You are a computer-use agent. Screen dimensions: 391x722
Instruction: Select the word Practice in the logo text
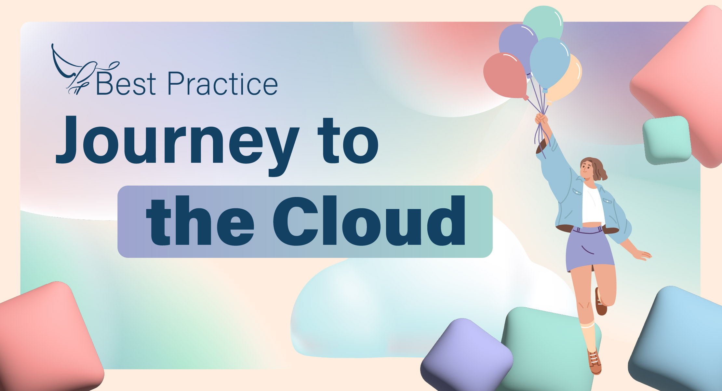pyautogui.click(x=222, y=84)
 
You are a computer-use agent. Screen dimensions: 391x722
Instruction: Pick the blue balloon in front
pyautogui.click(x=550, y=62)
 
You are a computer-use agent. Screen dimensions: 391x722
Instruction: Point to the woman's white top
pyautogui.click(x=593, y=205)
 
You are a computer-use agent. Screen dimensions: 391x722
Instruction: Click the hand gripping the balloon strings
pyautogui.click(x=541, y=119)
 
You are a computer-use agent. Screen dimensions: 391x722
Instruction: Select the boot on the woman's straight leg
pyautogui.click(x=595, y=362)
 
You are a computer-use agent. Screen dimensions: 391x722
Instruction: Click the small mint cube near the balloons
pyautogui.click(x=667, y=140)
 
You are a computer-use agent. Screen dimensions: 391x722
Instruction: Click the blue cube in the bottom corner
pyautogui.click(x=680, y=339)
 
